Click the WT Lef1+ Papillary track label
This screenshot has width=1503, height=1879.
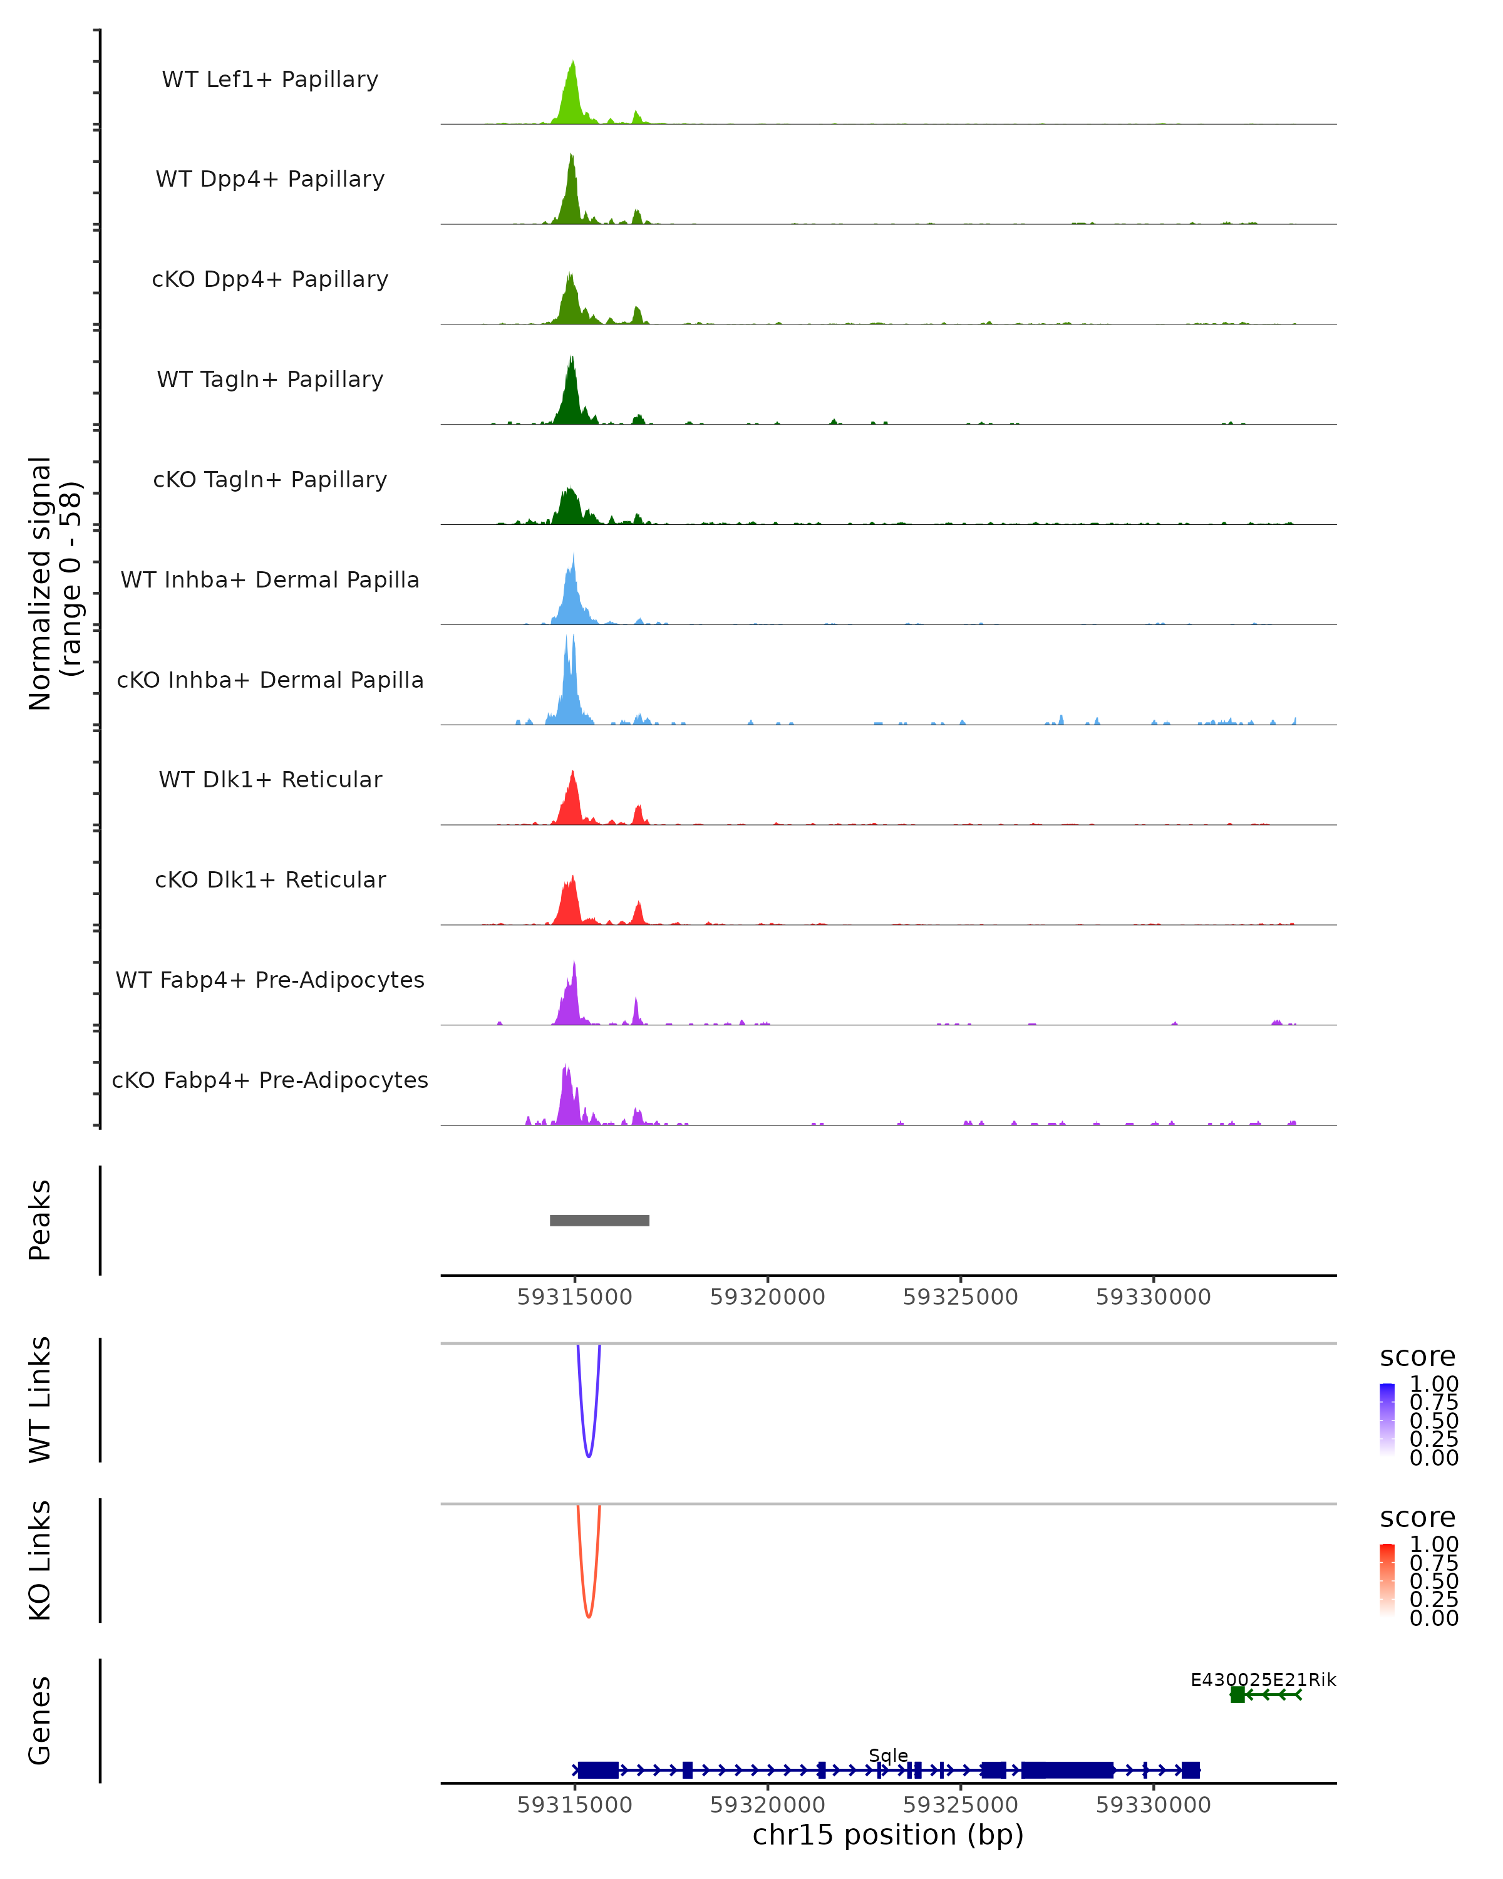tap(270, 80)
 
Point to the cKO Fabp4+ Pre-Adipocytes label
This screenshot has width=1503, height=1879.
tap(270, 1080)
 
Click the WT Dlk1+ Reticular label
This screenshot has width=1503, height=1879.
tap(270, 779)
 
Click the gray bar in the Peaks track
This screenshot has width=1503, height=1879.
tap(599, 1220)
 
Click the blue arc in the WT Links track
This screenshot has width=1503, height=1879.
tap(589, 1454)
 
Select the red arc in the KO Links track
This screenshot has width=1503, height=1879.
tap(589, 1615)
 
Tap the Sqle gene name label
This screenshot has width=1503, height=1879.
tap(888, 1755)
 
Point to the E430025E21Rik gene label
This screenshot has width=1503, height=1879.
tap(1263, 1679)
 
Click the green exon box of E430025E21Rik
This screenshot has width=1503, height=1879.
tap(1237, 1694)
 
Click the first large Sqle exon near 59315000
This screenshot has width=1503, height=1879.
tap(597, 1770)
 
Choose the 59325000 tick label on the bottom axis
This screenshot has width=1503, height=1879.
tap(960, 1805)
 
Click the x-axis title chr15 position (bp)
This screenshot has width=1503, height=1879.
tap(888, 1835)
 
